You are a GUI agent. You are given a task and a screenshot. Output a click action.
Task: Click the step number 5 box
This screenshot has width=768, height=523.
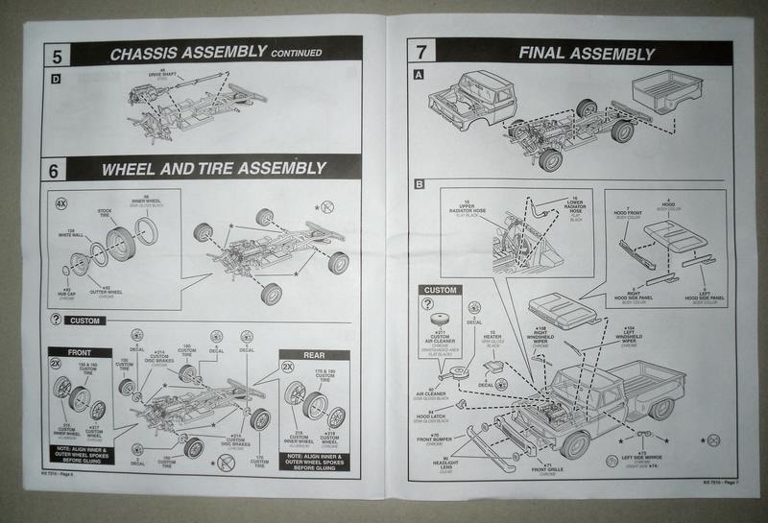(57, 52)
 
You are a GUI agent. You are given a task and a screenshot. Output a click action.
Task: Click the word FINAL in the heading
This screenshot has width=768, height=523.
(550, 53)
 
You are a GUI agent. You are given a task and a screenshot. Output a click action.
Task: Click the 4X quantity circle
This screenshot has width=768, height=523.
(60, 203)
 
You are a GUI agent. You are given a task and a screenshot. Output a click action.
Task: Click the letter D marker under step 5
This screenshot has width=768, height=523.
(55, 78)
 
